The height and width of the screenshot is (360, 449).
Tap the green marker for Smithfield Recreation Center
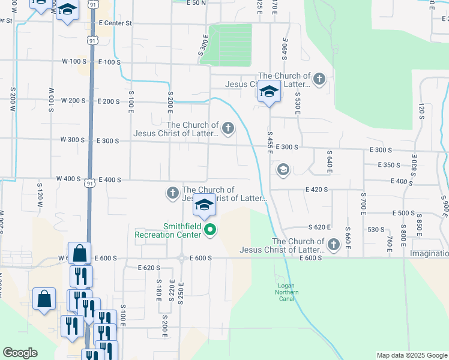(210, 229)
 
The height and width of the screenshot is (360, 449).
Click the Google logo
(20, 352)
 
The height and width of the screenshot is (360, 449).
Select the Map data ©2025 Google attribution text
(412, 355)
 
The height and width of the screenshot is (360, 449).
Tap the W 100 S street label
(74, 62)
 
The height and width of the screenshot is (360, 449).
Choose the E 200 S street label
(109, 101)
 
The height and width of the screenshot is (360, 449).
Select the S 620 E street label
(320, 227)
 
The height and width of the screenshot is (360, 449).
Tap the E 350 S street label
(388, 165)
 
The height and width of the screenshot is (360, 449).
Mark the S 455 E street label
(270, 142)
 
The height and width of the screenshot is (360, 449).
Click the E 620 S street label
(149, 268)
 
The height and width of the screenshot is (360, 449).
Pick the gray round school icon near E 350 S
(282, 170)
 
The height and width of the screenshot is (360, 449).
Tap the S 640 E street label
(329, 159)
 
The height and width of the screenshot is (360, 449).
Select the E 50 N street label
(196, 3)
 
